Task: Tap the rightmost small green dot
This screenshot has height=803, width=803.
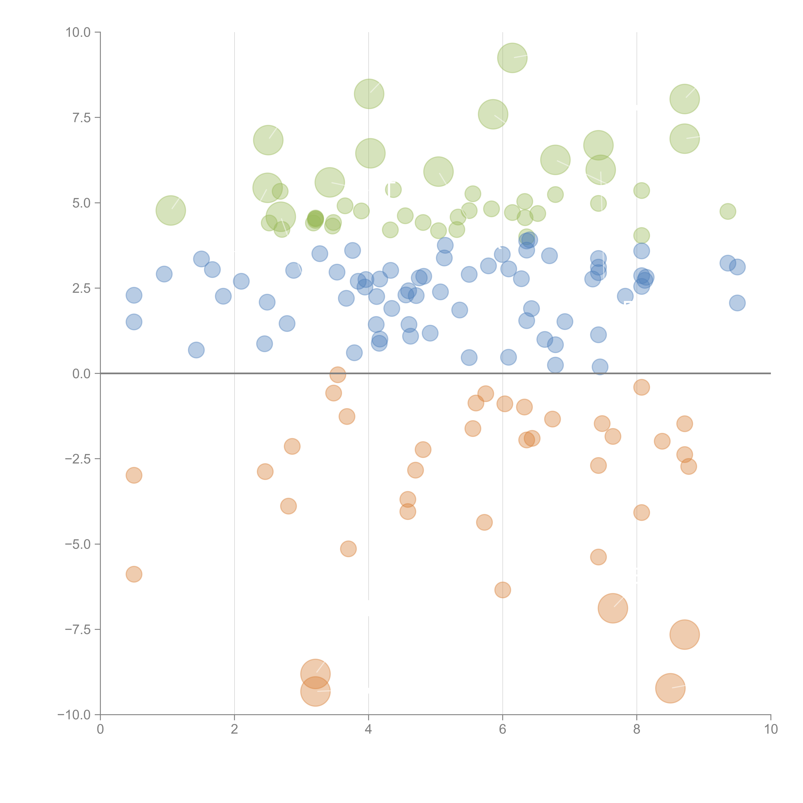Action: click(x=727, y=211)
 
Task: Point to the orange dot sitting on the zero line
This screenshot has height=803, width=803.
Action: click(x=337, y=375)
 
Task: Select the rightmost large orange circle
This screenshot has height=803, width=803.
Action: click(x=684, y=634)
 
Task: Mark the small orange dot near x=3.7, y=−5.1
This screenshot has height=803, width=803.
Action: click(x=348, y=549)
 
